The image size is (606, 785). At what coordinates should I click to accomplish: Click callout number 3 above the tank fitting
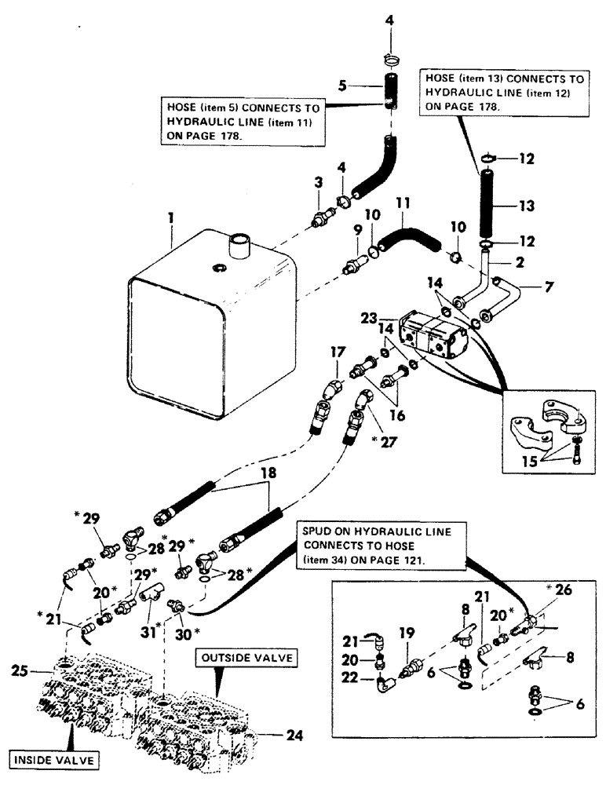tap(318, 181)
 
